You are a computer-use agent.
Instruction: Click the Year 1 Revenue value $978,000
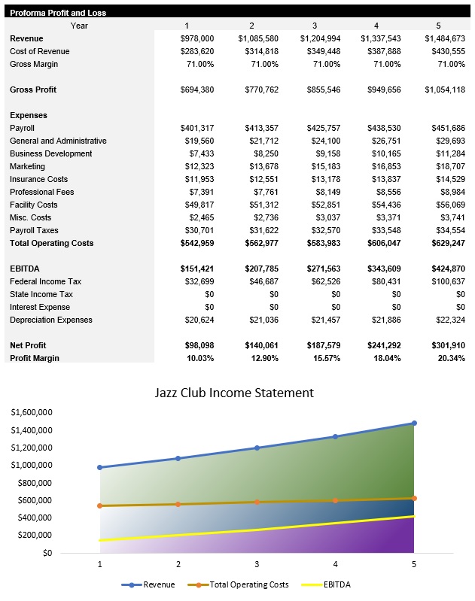(x=197, y=38)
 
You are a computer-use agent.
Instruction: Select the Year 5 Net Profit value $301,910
(x=445, y=345)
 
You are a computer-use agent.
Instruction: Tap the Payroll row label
(x=27, y=128)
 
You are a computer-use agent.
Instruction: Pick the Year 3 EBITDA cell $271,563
(x=320, y=269)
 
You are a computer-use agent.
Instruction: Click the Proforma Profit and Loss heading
(x=58, y=13)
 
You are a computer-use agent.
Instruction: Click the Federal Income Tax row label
(x=45, y=281)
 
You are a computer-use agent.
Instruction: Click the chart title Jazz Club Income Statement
(x=234, y=393)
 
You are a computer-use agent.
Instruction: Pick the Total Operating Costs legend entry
(x=245, y=584)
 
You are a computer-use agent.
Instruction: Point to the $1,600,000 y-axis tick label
(x=32, y=413)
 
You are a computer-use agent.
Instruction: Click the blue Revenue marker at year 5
(x=414, y=423)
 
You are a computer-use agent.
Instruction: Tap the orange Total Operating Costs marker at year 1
(x=100, y=505)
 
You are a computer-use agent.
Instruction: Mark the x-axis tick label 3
(x=257, y=563)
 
